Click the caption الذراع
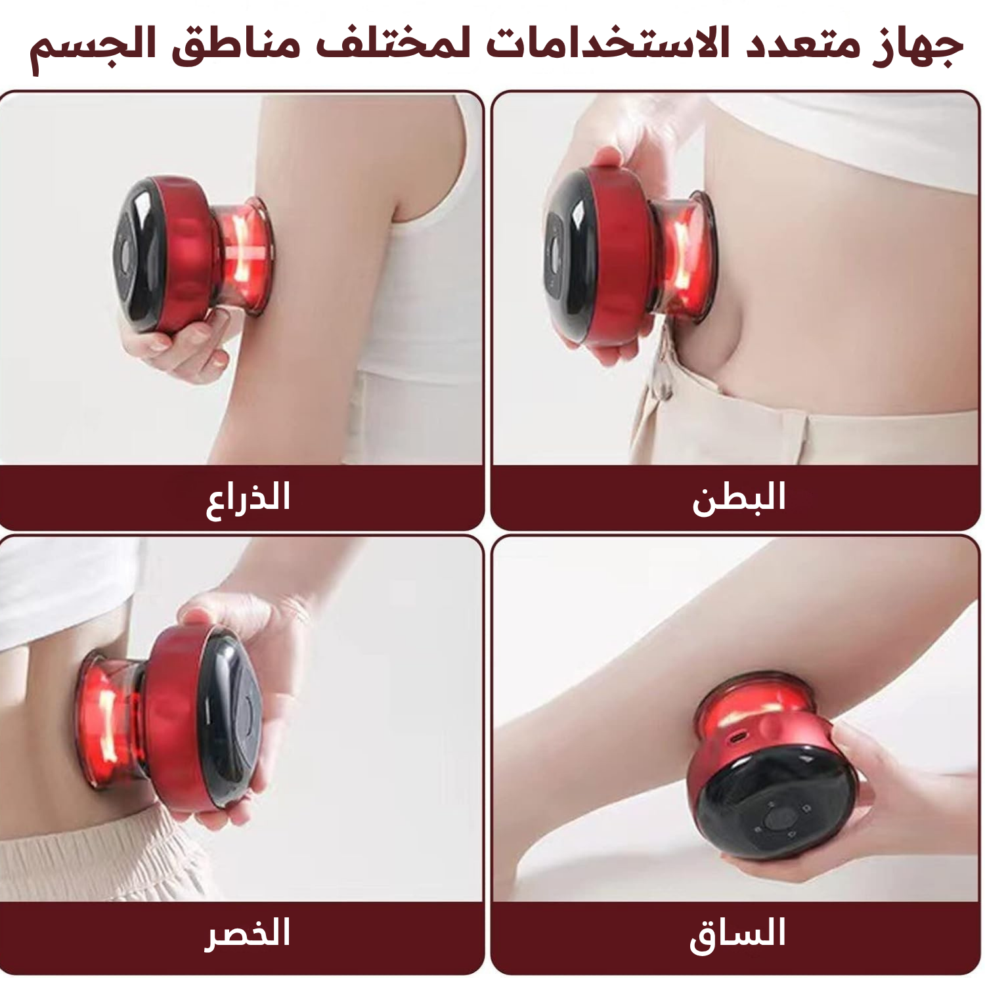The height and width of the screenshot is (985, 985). point(248,497)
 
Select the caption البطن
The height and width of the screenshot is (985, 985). point(739,497)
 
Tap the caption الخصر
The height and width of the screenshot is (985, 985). point(248,934)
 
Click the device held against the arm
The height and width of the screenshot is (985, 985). point(190,253)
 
